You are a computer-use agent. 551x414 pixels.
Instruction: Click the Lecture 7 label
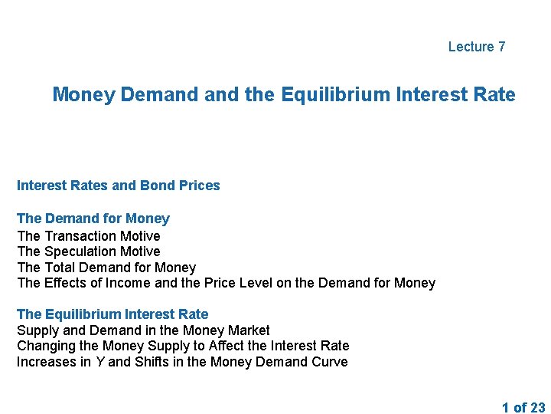coord(477,47)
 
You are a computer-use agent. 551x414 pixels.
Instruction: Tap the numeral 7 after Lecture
coord(501,47)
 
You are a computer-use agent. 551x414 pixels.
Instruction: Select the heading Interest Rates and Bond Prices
coord(118,186)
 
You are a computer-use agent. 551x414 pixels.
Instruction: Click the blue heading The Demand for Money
coord(93,219)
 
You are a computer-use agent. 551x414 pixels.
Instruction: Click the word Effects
coord(65,284)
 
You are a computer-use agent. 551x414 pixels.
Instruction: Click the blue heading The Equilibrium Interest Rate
coord(112,314)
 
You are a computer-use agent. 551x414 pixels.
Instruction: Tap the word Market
coord(249,330)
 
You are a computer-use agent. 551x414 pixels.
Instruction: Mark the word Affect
coord(237,346)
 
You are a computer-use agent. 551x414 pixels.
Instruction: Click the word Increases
coord(47,362)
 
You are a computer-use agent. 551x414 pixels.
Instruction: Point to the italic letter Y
coord(99,362)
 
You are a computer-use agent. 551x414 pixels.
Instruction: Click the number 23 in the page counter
coord(537,408)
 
